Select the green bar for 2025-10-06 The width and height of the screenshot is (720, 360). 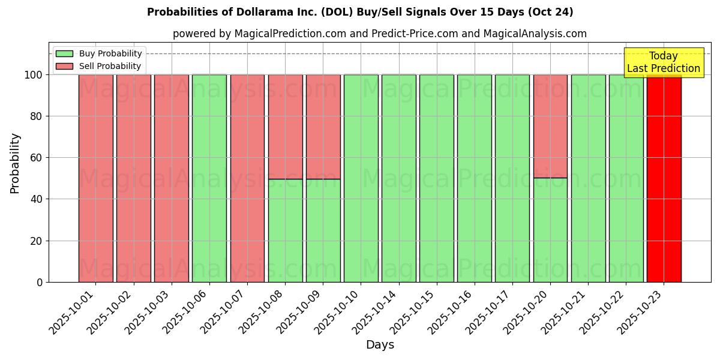point(209,178)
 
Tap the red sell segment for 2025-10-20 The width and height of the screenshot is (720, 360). point(550,126)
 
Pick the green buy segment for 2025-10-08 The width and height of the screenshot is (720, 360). point(285,230)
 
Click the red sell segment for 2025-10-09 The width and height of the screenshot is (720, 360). point(323,127)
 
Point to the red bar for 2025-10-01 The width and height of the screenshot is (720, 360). point(95,178)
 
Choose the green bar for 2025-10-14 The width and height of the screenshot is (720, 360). point(398,178)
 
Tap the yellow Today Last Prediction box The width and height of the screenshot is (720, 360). point(664,62)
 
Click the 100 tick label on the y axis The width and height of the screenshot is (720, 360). point(34,75)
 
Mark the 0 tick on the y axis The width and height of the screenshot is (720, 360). point(40,282)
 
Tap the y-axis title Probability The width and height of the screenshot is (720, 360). point(15,163)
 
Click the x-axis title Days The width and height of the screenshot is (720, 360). point(380,345)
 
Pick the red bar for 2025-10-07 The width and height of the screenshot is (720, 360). point(247,178)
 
